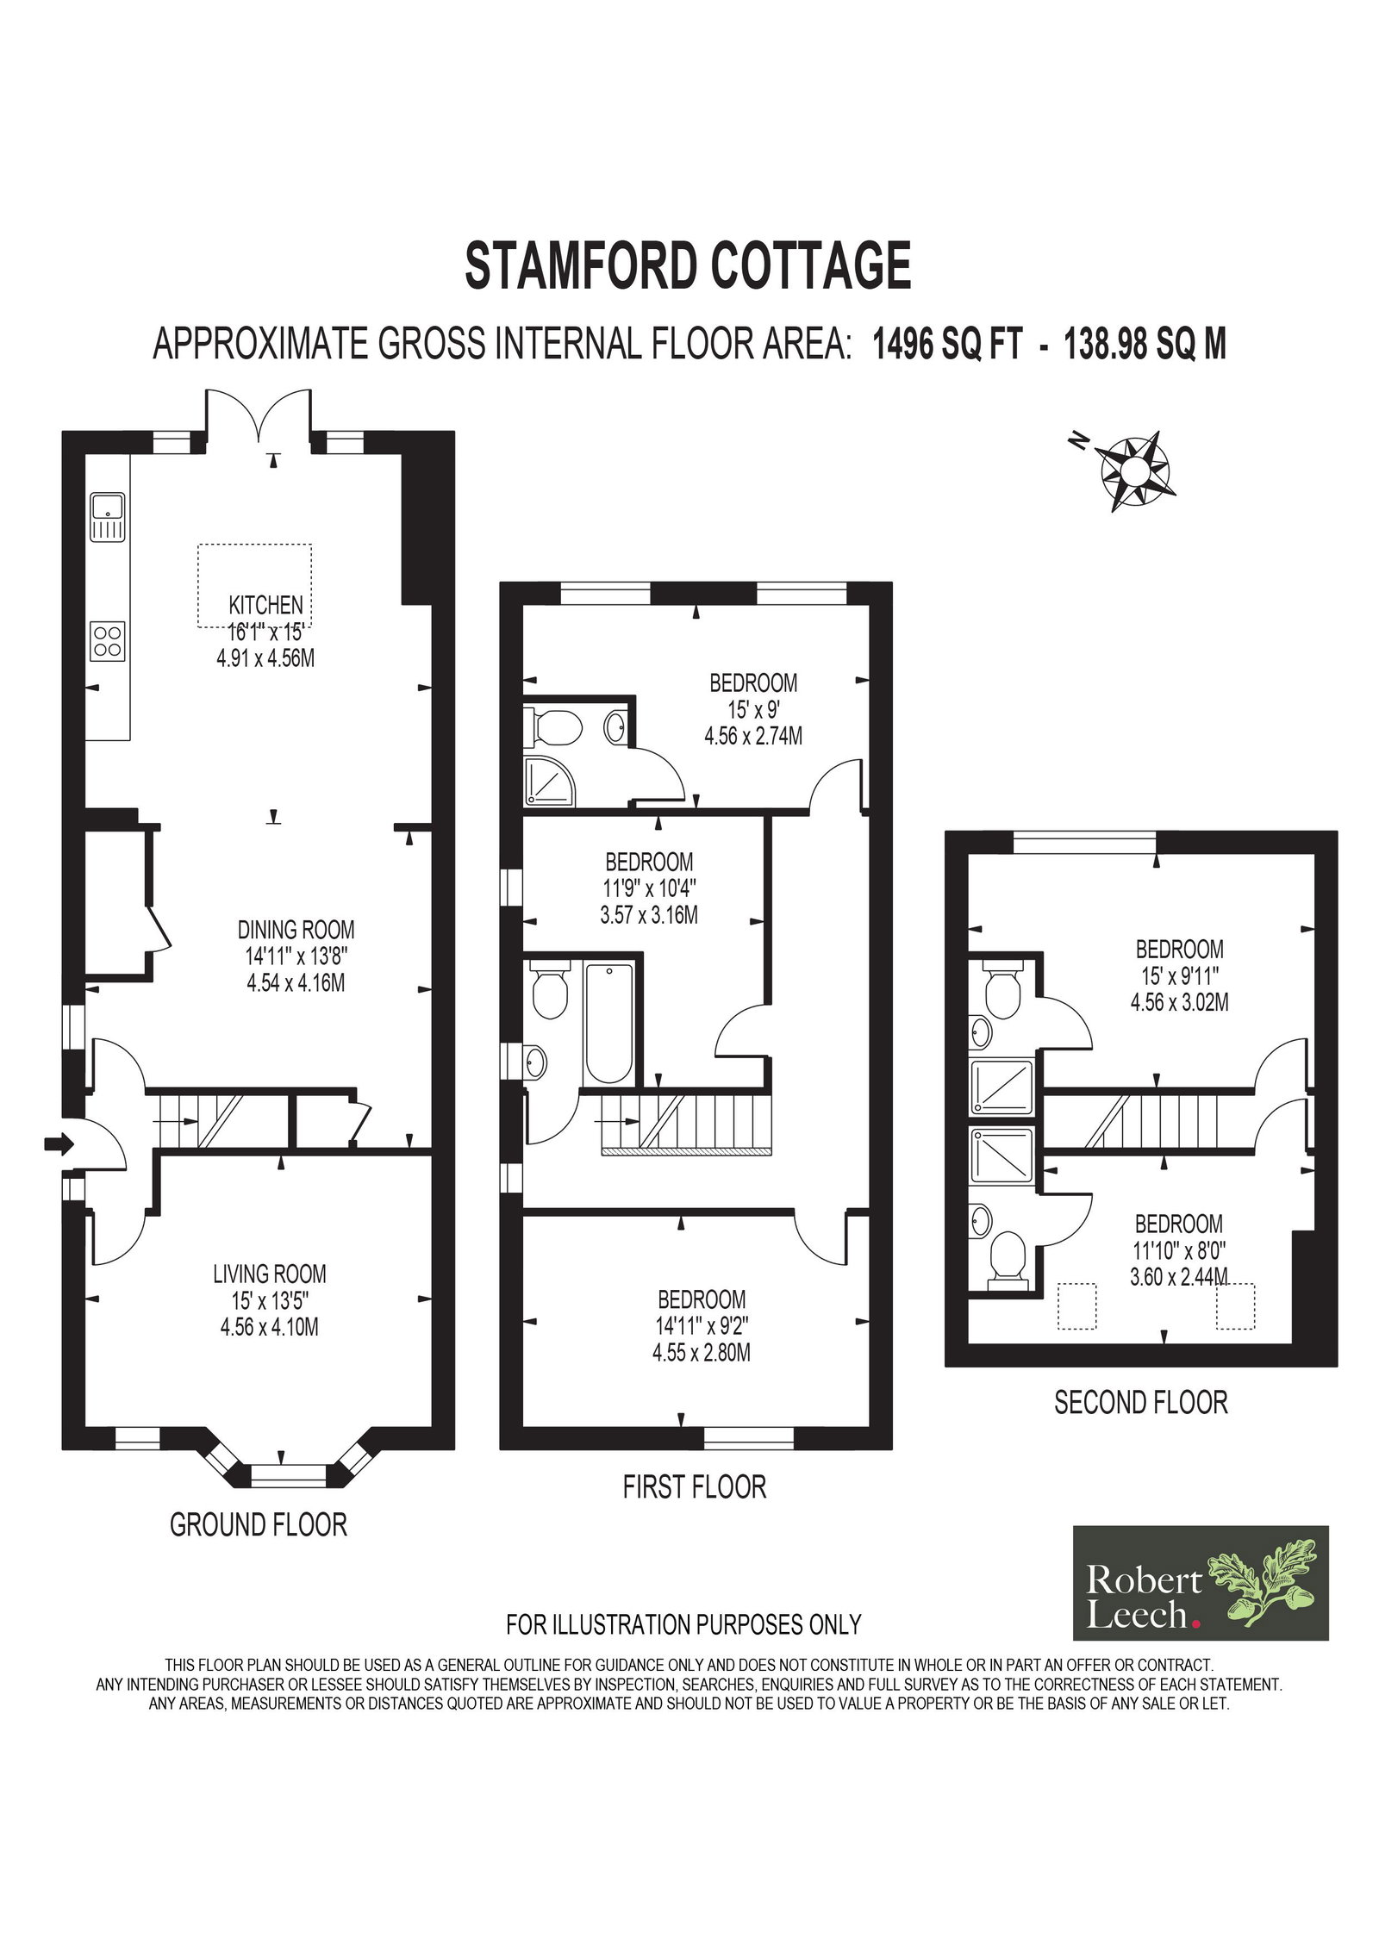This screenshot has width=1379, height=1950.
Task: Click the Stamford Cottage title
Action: [x=688, y=265]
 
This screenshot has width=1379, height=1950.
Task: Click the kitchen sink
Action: [x=108, y=519]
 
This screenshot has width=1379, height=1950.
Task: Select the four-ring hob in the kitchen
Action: [x=108, y=641]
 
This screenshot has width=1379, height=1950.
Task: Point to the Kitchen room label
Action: [x=265, y=604]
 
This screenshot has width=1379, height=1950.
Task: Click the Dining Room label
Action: [x=296, y=930]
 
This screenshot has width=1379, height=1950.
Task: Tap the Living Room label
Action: [x=270, y=1274]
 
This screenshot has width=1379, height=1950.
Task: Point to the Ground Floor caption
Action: [x=259, y=1524]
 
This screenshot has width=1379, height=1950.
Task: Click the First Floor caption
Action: [x=695, y=1486]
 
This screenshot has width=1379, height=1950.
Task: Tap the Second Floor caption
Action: [x=1141, y=1403]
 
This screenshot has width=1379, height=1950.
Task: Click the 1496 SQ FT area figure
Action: [x=948, y=345]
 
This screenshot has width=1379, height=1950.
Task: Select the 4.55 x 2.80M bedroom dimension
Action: [x=702, y=1353]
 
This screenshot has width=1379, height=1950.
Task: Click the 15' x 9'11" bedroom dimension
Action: [x=1179, y=976]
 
